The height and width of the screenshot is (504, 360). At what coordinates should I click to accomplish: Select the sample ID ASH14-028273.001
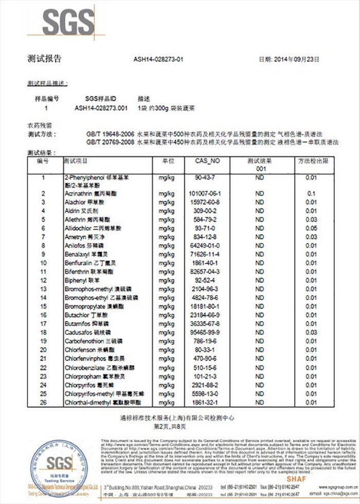[101, 109]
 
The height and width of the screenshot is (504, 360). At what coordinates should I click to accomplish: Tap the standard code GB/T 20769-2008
[110, 141]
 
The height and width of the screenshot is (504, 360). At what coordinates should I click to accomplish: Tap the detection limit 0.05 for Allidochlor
[311, 228]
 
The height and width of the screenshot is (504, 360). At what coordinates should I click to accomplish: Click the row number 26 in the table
[44, 402]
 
